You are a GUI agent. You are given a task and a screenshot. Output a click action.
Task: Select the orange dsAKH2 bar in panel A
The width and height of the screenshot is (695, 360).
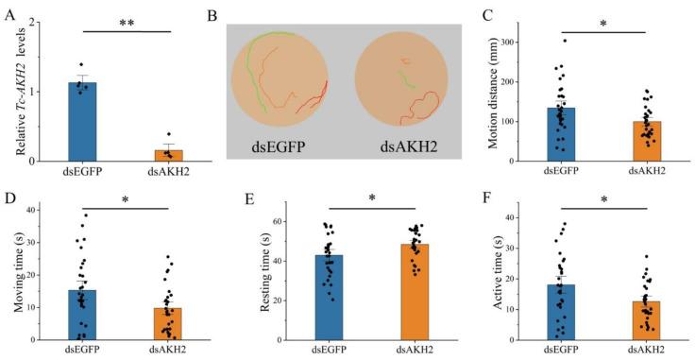(x=168, y=155)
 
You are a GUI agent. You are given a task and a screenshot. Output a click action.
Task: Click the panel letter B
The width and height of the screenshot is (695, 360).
(x=212, y=16)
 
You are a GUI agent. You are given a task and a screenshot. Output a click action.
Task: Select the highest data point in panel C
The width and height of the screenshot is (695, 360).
(x=565, y=41)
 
